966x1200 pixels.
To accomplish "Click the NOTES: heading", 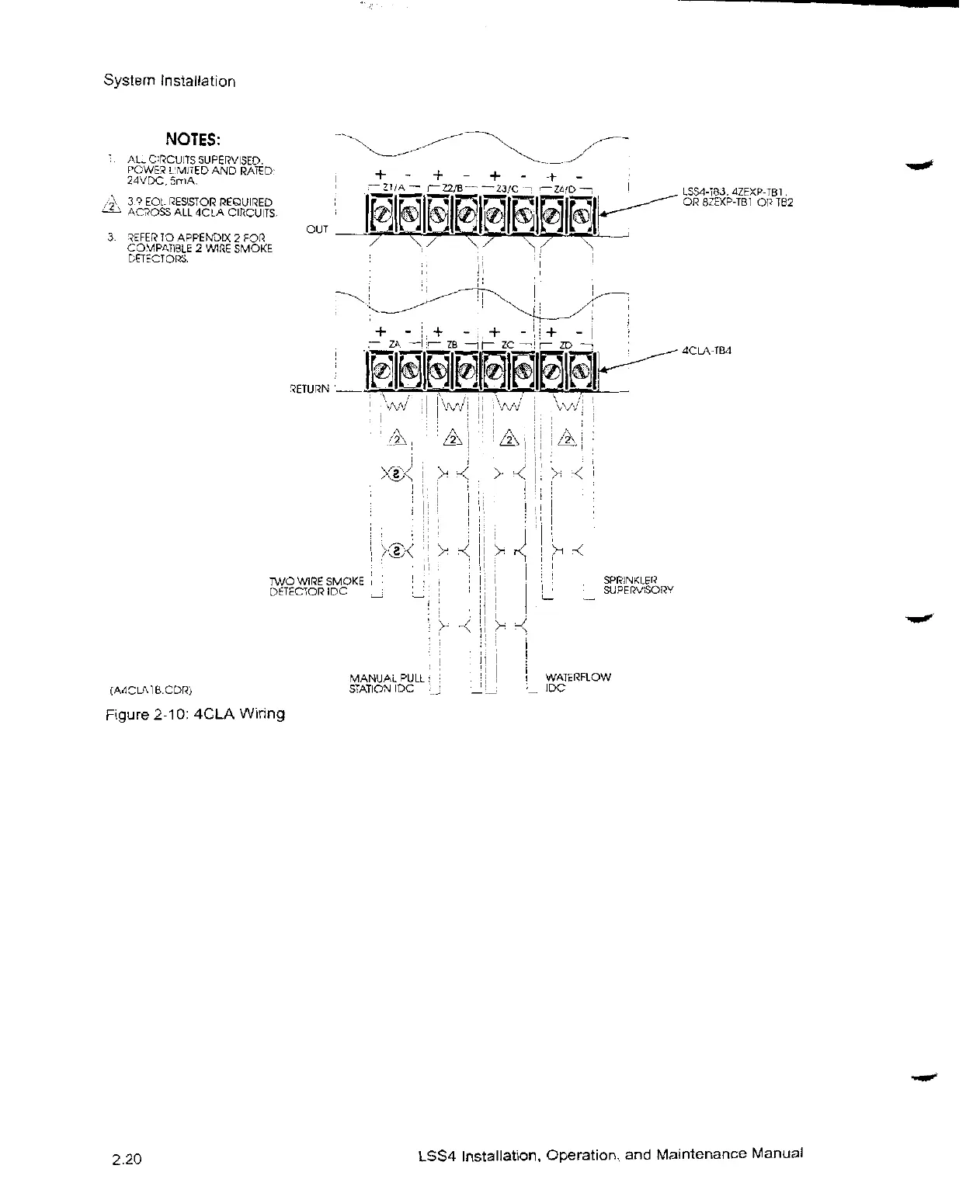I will [193, 140].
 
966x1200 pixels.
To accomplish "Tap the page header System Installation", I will [169, 82].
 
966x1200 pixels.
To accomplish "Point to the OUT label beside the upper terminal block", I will [317, 229].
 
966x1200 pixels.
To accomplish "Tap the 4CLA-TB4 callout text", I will [707, 350].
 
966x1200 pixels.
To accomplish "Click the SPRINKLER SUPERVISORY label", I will [638, 584].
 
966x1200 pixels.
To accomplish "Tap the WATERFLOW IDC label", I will [579, 682].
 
